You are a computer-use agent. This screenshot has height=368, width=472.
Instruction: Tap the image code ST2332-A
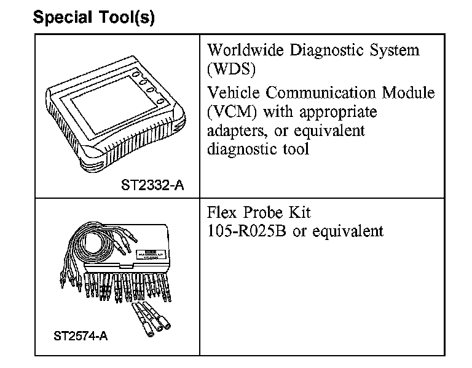152,185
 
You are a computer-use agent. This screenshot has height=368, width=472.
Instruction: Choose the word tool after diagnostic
293,150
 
